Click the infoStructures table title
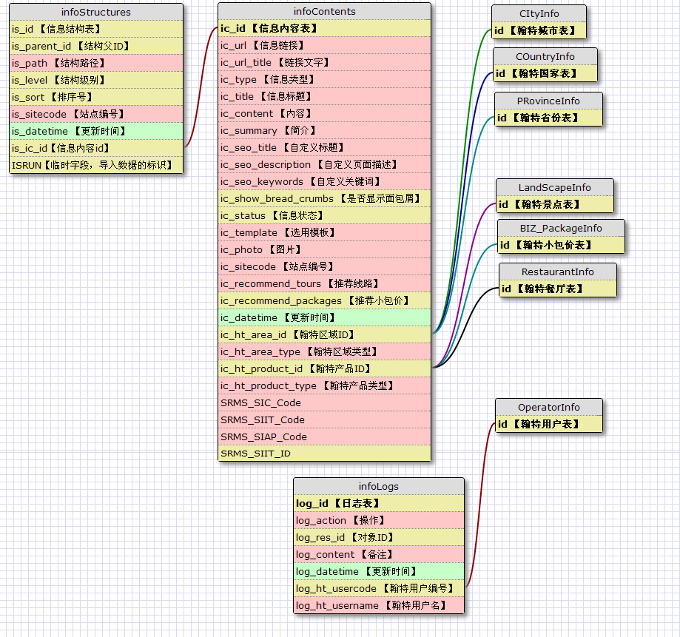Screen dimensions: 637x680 (x=96, y=12)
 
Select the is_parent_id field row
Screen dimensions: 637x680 (x=96, y=46)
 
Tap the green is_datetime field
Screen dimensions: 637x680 (x=96, y=131)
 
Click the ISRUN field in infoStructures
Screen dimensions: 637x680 (x=96, y=165)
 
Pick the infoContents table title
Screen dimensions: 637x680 (x=324, y=11)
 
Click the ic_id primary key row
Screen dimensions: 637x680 (x=324, y=28)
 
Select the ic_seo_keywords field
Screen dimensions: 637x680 (x=324, y=181)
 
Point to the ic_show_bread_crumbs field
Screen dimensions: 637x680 (x=324, y=198)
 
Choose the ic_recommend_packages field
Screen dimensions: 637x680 (x=324, y=300)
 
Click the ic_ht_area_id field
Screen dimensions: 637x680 (x=324, y=334)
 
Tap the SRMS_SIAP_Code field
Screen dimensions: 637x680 (x=324, y=437)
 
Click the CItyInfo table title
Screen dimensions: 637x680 (x=539, y=14)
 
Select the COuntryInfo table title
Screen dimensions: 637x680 (x=545, y=56)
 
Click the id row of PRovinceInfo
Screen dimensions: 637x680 (x=548, y=118)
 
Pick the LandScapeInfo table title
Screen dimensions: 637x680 (x=553, y=187)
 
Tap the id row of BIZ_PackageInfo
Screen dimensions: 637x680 (x=560, y=245)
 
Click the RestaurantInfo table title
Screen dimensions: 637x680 (x=557, y=272)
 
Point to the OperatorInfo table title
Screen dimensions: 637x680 (x=548, y=407)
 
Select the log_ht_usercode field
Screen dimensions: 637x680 (x=378, y=588)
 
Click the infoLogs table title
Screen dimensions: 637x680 (x=378, y=486)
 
